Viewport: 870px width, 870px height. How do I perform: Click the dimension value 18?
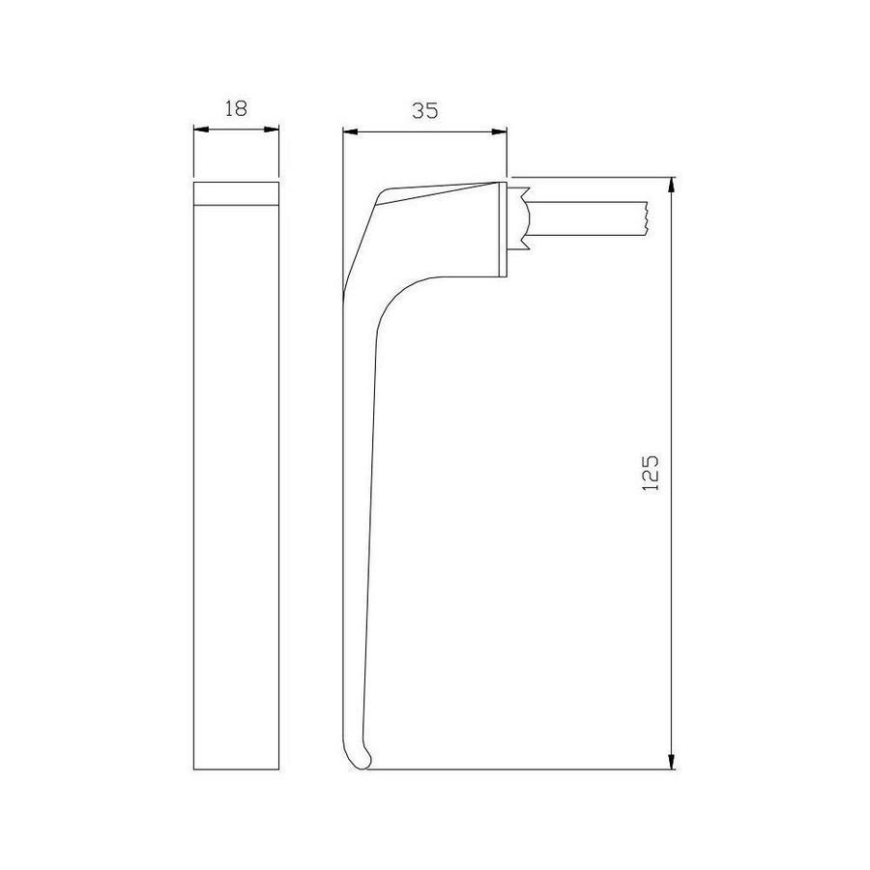236,108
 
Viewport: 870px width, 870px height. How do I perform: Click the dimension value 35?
425,111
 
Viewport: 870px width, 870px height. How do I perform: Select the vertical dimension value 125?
651,473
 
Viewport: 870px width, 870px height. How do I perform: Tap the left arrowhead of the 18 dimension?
200,130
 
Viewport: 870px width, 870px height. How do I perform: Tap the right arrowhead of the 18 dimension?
272,130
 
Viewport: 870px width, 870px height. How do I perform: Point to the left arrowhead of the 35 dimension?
350,132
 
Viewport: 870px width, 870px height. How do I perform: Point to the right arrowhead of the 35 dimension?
500,132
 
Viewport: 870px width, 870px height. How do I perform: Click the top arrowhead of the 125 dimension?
672,185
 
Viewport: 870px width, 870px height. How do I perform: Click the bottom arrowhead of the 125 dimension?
672,763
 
